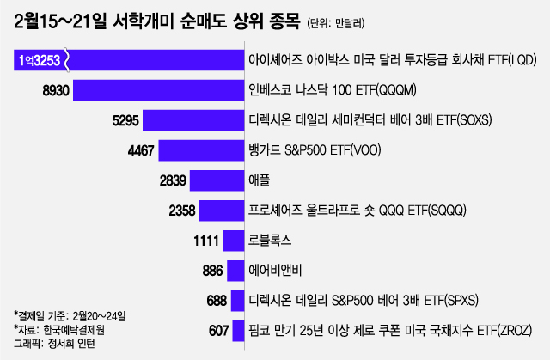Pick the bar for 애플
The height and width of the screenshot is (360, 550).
(x=217, y=180)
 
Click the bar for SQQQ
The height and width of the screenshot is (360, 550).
(x=221, y=210)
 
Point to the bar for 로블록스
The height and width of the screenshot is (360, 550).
(x=233, y=240)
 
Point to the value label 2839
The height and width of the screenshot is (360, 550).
(x=171, y=180)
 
